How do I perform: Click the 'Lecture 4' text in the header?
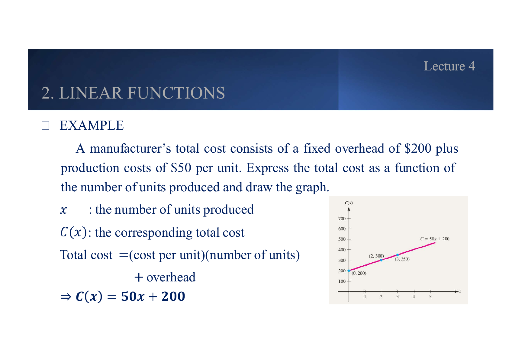(x=449, y=66)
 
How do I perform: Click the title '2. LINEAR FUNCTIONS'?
(x=133, y=93)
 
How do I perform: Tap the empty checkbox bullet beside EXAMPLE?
(x=45, y=125)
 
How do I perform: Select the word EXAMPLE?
(x=92, y=125)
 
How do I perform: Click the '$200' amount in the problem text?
(x=418, y=148)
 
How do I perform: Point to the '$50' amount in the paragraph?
(x=181, y=167)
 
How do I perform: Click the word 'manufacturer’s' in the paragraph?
(x=130, y=148)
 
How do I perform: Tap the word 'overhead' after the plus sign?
(x=171, y=277)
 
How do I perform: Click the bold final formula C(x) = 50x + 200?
(x=130, y=296)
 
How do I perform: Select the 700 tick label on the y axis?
(x=342, y=219)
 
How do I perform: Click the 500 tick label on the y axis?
(x=342, y=239)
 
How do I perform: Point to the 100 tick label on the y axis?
(x=342, y=281)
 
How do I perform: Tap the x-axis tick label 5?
(x=430, y=297)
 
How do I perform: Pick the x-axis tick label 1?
(x=365, y=297)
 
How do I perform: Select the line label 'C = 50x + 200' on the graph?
(x=435, y=239)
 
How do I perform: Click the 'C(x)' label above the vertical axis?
(x=349, y=203)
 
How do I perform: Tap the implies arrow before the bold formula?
(x=66, y=297)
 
